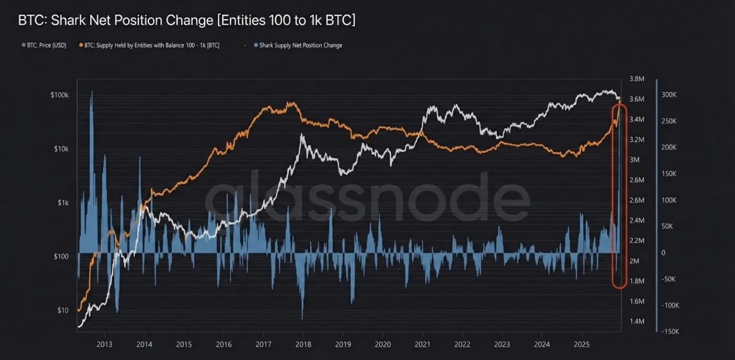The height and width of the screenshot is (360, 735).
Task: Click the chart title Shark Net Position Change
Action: pyautogui.click(x=187, y=21)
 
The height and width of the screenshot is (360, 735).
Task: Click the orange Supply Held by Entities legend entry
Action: pyautogui.click(x=152, y=45)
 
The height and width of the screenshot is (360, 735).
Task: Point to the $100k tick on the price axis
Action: pyautogui.click(x=60, y=95)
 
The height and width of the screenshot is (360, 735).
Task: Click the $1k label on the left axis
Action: pyautogui.click(x=63, y=203)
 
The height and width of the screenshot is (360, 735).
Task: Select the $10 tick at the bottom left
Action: pyautogui.click(x=63, y=310)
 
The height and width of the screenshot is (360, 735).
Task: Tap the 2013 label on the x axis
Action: pyautogui.click(x=104, y=344)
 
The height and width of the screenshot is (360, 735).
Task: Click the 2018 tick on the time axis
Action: pyautogui.click(x=303, y=344)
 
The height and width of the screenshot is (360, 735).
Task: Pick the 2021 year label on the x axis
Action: pyautogui.click(x=422, y=344)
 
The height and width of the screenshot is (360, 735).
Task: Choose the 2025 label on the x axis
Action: pyautogui.click(x=581, y=344)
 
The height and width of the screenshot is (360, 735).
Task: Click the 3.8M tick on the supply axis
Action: pyautogui.click(x=637, y=79)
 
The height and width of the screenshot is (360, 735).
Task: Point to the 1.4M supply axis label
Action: pyautogui.click(x=637, y=321)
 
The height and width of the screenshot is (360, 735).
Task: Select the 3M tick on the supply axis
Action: pyautogui.click(x=635, y=160)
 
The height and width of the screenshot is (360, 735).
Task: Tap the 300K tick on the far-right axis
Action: pyautogui.click(x=668, y=95)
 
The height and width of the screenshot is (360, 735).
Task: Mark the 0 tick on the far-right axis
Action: pyautogui.click(x=663, y=253)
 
